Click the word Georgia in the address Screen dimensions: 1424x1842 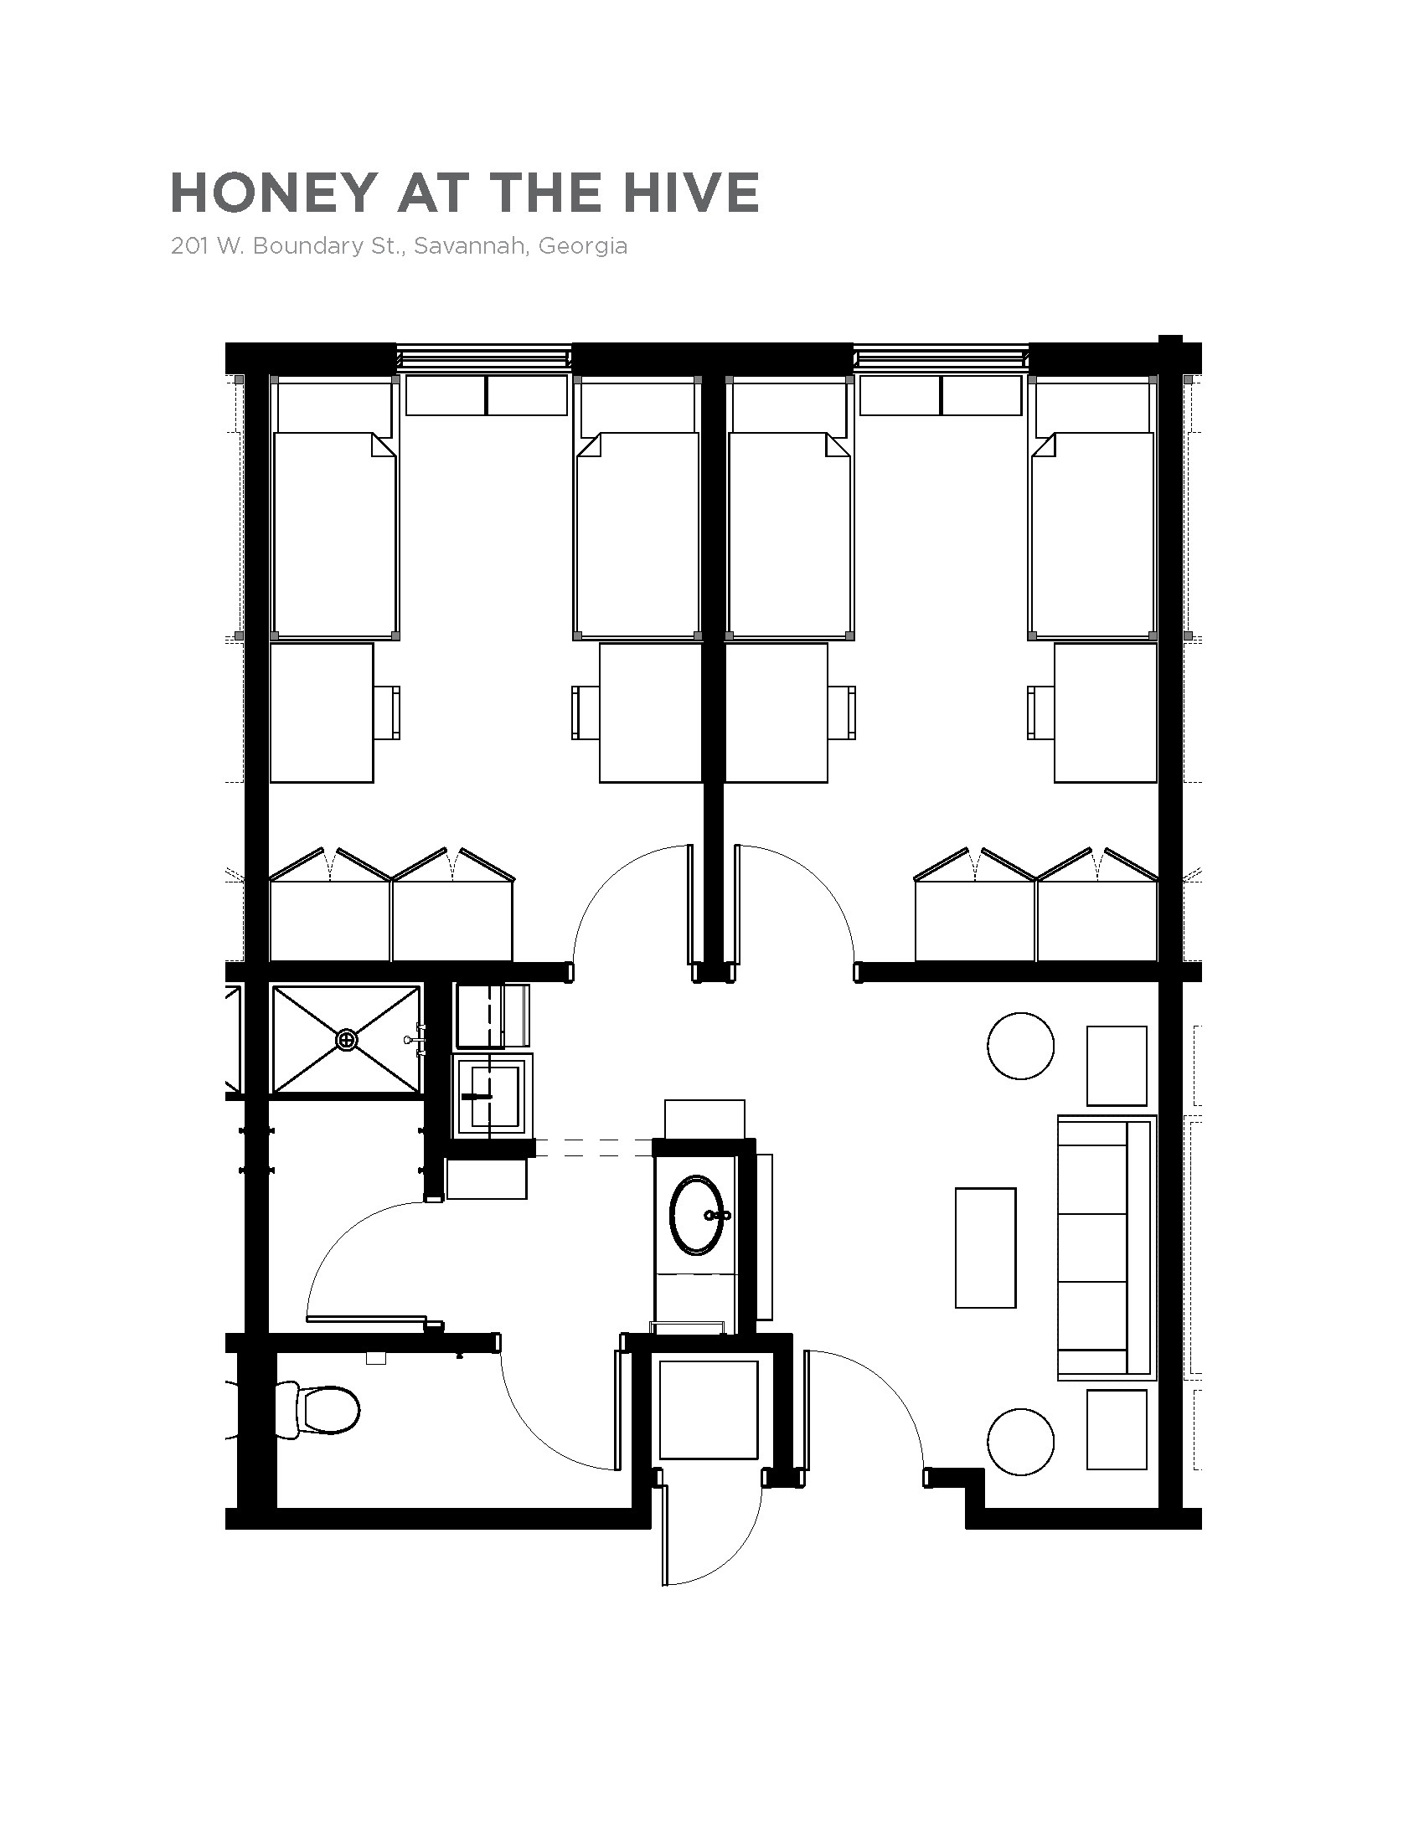582,246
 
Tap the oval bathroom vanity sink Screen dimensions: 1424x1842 696,1216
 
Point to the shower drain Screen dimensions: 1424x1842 347,1040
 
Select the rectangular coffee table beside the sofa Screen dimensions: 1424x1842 985,1248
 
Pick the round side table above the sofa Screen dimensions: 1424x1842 1021,1046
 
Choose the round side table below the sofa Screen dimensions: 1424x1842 1021,1442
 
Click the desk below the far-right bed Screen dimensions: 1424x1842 1105,713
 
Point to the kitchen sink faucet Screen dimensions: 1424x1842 477,1096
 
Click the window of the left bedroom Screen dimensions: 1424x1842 484,358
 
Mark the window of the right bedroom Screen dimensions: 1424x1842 942,358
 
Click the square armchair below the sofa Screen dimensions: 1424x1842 1117,1429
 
